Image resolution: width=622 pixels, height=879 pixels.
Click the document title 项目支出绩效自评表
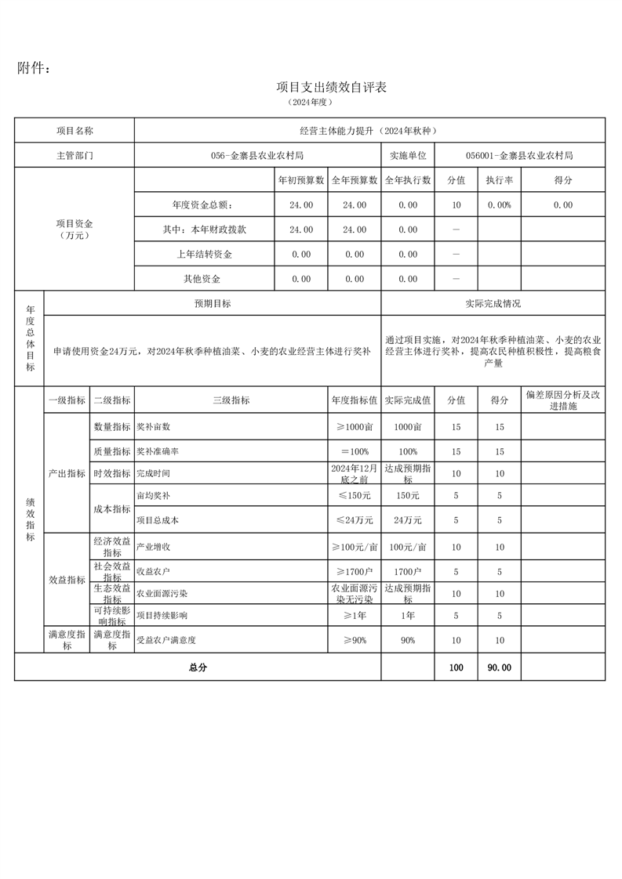332,87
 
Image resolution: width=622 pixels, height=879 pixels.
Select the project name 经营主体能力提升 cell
369,131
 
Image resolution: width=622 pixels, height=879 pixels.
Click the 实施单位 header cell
407,155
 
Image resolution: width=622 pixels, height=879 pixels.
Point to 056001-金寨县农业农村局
518,155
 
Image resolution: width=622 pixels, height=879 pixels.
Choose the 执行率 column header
499,180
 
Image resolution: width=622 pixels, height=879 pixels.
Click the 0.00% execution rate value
499,204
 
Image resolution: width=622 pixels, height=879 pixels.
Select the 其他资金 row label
202,279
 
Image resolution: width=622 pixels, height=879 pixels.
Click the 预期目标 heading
213,303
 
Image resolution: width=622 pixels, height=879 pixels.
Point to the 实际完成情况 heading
493,303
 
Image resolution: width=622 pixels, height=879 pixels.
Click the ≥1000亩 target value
355,426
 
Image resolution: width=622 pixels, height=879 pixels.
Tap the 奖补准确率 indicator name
158,452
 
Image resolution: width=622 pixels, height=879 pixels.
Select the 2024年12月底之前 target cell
355,473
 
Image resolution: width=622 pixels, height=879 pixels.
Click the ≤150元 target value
355,495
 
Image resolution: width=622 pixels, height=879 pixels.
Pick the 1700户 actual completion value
407,571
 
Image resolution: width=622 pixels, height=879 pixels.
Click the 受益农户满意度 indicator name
166,640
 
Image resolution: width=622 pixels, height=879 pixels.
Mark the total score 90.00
499,667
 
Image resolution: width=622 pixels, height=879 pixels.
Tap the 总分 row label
198,667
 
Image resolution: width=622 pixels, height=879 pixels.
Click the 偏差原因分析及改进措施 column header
562,400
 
